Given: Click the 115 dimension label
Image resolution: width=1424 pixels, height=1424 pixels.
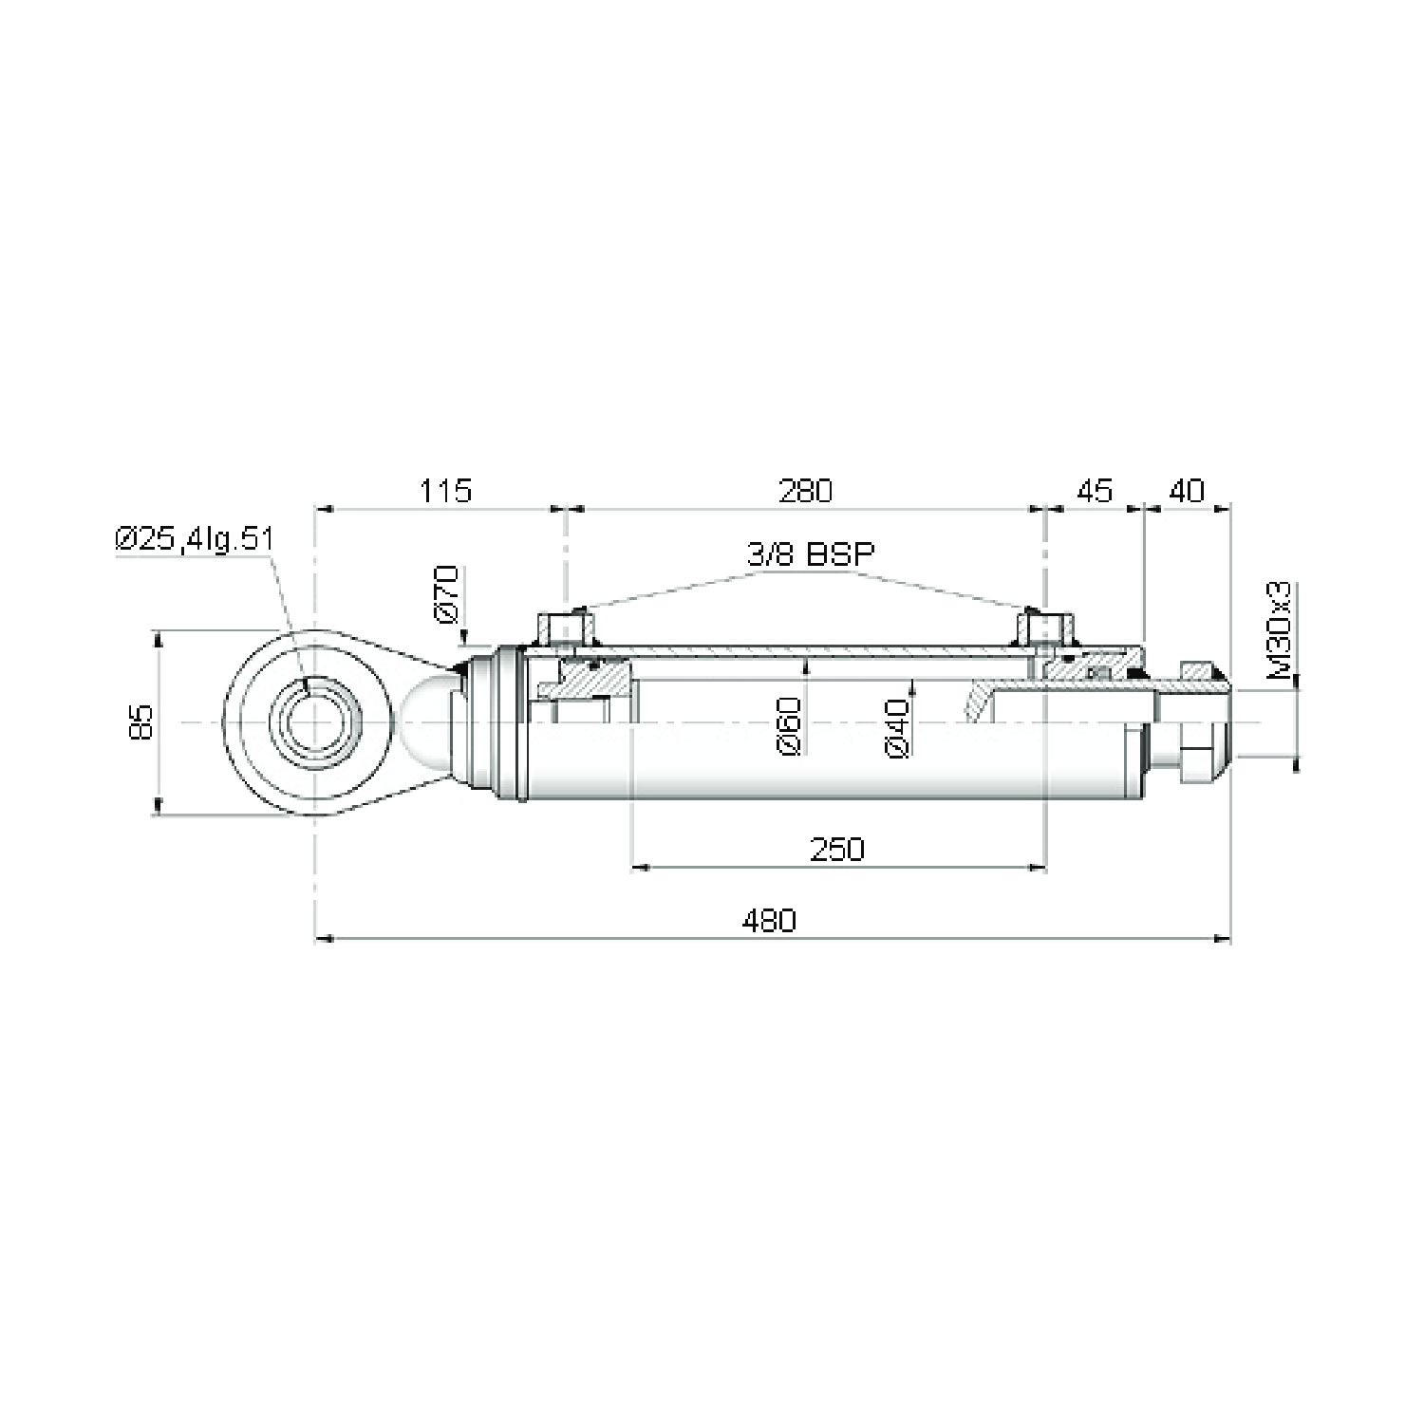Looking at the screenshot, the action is click(446, 491).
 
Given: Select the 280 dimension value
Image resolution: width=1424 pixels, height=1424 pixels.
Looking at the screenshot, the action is click(804, 491).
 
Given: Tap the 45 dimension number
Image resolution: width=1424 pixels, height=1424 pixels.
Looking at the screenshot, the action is click(1094, 491).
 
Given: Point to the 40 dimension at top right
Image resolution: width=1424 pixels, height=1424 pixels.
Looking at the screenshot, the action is click(1186, 491).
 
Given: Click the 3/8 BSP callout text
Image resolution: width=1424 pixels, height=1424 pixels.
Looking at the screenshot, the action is click(809, 554).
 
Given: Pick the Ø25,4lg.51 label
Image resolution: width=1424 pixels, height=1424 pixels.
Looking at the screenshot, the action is click(194, 539).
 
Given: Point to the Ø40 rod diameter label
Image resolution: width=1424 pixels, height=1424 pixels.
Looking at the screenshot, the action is click(898, 728).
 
